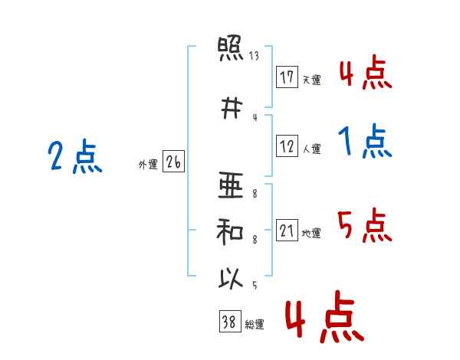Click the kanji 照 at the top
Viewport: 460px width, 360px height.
[231, 48]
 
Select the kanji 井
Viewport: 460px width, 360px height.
[232, 108]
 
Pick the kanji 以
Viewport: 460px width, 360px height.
[231, 278]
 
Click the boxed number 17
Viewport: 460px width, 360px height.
[287, 77]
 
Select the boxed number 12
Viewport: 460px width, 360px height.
[287, 146]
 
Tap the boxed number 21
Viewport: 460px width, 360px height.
[287, 230]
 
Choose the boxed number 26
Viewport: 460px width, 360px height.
[173, 162]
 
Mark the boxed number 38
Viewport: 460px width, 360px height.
[230, 321]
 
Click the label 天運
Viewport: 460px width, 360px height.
[311, 80]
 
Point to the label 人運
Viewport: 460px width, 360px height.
[311, 149]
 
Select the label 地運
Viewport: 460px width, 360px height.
[311, 233]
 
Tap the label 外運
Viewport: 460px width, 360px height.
[148, 164]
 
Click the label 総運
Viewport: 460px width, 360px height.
[255, 324]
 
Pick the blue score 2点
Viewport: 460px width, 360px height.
[75, 156]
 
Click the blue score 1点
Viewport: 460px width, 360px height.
[365, 141]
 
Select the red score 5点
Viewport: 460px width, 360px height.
[365, 225]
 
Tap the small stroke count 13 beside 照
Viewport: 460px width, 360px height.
[254, 56]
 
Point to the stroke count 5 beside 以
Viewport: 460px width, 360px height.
[255, 285]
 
